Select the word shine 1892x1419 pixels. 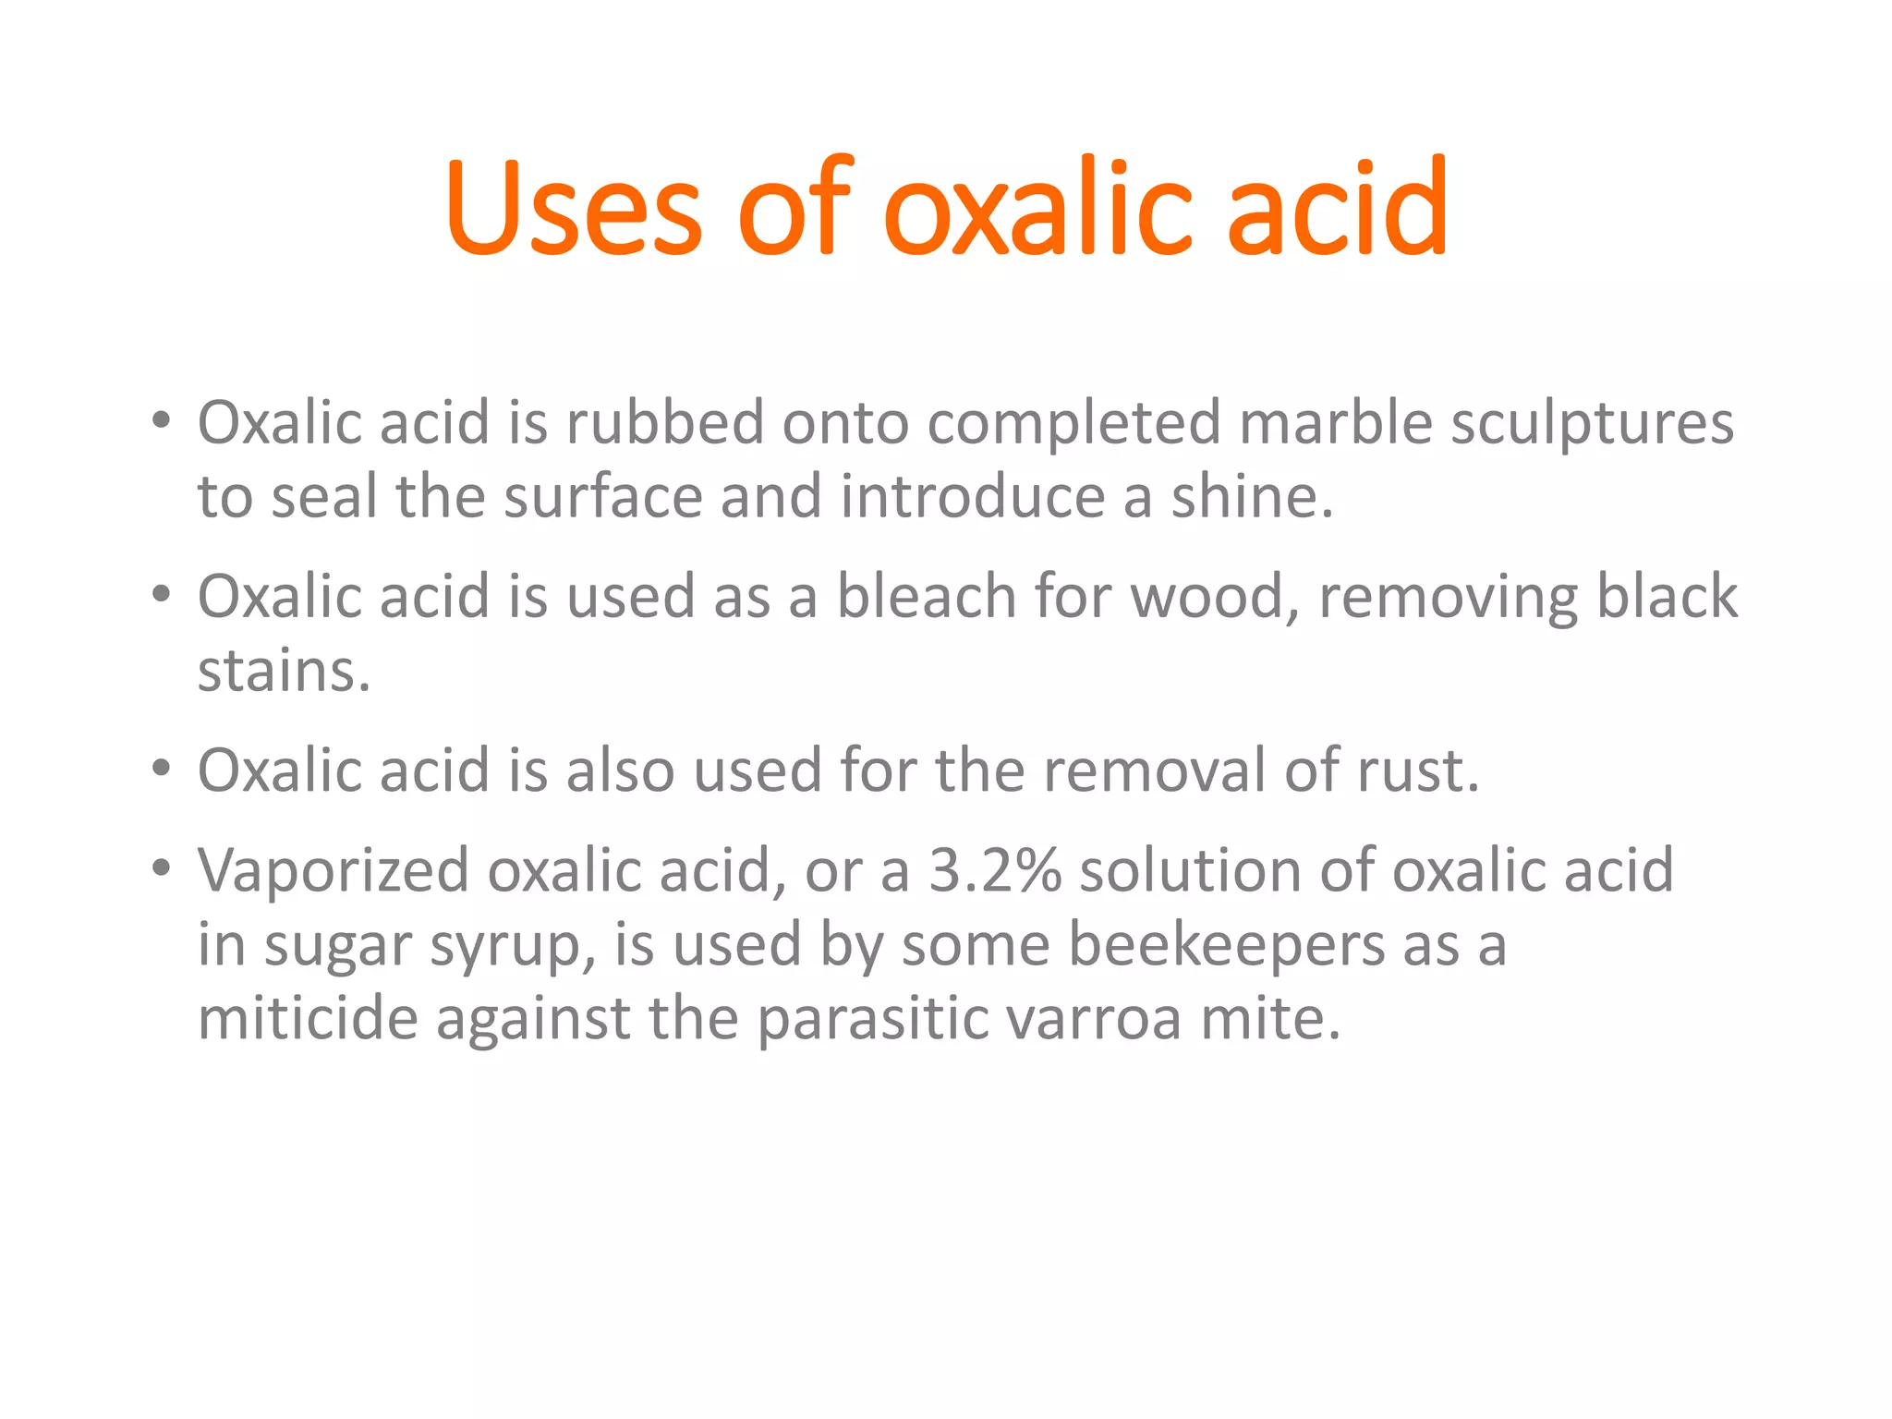(x=1252, y=497)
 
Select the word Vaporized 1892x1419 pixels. (x=334, y=872)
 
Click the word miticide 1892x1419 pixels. (x=308, y=1018)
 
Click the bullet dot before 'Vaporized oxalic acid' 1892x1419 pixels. (x=162, y=867)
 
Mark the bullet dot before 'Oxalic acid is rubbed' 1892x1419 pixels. (x=162, y=420)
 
